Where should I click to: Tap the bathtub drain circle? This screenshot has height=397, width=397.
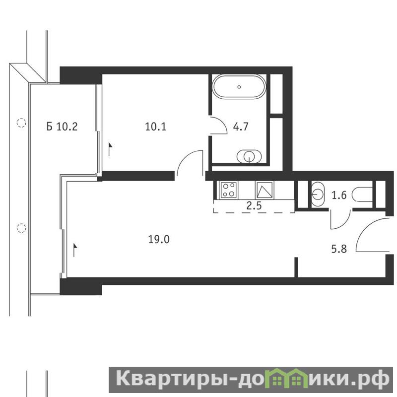click(x=239, y=87)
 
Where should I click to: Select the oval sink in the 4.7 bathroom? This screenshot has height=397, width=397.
click(x=249, y=156)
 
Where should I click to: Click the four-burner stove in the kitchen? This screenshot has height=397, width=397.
click(x=229, y=190)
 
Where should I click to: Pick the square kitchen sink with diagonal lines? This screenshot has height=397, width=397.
click(x=265, y=190)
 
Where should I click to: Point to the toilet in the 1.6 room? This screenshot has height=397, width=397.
click(x=362, y=195)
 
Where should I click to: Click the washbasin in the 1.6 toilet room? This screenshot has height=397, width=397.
click(x=318, y=195)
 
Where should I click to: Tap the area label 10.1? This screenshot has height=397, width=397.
click(x=156, y=127)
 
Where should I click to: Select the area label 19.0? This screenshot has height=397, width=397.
click(x=159, y=239)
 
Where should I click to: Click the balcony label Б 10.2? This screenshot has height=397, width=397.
click(x=62, y=126)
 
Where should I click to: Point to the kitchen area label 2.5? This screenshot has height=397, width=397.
click(x=254, y=205)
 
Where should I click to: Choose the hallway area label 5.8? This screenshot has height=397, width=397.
click(x=339, y=249)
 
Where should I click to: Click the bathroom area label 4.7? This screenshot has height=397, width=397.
click(x=241, y=127)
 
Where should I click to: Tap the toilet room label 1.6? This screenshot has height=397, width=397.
click(x=339, y=195)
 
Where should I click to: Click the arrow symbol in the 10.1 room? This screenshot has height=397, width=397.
click(x=110, y=149)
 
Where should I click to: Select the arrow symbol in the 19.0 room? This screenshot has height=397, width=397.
click(x=75, y=251)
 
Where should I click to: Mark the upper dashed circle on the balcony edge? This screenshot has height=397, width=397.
click(x=21, y=123)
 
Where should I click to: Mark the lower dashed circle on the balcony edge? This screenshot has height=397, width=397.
click(x=21, y=228)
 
